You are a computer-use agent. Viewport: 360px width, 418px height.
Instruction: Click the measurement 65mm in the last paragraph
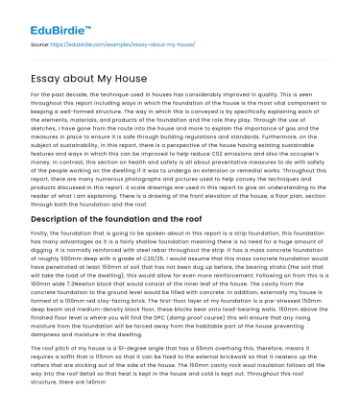point(223,357)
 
